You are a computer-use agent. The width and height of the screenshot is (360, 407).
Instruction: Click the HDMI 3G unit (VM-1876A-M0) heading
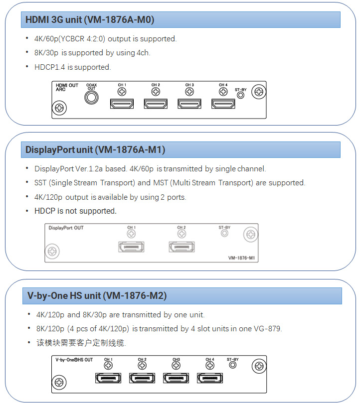point(90,20)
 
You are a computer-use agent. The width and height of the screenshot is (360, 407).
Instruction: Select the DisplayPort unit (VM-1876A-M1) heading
point(95,149)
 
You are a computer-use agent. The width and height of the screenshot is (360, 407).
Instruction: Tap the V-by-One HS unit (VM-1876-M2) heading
point(97,295)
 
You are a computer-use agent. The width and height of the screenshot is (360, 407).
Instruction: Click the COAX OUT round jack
point(91,98)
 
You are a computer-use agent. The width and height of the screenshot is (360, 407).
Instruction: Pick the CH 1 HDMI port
point(122,104)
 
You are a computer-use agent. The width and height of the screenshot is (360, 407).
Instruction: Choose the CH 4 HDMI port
point(223,104)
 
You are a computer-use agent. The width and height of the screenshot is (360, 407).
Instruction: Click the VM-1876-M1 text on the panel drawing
point(241,258)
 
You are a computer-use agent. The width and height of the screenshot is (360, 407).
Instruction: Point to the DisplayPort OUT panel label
point(66,228)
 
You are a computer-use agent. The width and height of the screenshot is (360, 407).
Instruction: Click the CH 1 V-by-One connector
point(108,378)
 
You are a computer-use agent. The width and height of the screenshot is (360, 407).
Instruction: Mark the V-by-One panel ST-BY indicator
point(232,365)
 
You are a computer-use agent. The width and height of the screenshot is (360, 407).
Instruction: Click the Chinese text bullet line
point(81,343)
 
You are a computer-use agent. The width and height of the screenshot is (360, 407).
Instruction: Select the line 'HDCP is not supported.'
point(75,211)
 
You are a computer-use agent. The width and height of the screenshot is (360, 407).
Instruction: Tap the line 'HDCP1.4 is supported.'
point(72,67)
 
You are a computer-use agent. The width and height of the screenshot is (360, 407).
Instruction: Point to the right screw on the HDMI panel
point(258,92)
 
